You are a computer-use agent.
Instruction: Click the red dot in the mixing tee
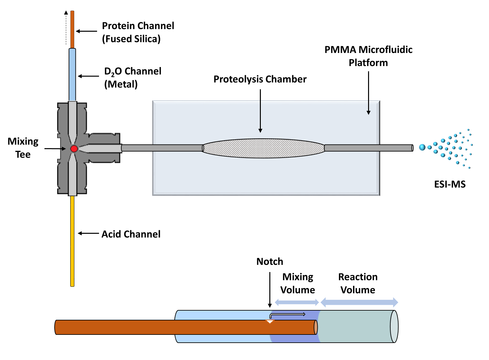click(x=74, y=149)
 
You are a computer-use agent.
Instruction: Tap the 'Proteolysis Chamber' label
click(x=260, y=79)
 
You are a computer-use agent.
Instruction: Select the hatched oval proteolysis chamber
click(x=263, y=148)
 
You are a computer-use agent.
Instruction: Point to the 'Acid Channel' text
click(x=131, y=234)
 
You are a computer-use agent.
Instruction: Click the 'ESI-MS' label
click(x=449, y=184)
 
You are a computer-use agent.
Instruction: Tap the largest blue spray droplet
click(x=422, y=147)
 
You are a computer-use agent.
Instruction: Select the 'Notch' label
click(x=270, y=262)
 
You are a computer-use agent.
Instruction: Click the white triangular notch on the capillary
click(x=270, y=322)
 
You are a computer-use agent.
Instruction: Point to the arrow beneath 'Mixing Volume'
click(x=297, y=302)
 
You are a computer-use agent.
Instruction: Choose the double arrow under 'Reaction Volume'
click(x=359, y=302)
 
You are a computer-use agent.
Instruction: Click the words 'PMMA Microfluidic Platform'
click(x=368, y=56)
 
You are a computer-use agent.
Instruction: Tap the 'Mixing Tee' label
click(x=23, y=148)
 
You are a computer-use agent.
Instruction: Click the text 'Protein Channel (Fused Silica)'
click(x=138, y=32)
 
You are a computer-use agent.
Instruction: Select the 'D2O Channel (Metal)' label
click(x=133, y=78)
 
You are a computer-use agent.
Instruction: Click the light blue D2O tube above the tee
click(x=72, y=75)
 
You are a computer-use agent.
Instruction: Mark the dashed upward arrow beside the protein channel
click(x=66, y=28)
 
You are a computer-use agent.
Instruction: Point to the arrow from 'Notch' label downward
click(x=270, y=290)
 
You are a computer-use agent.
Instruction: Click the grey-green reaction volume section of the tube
click(x=355, y=326)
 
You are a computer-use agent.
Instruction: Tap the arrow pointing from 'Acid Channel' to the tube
click(x=88, y=233)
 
